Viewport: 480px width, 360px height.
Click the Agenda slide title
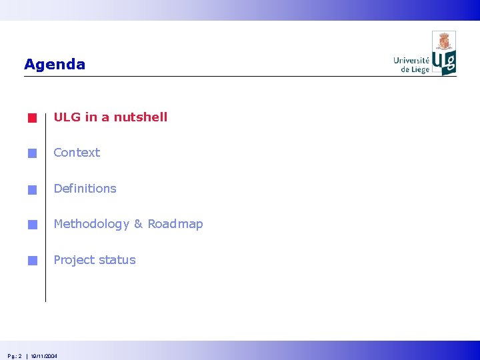55,65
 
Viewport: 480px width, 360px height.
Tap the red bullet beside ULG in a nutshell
32,119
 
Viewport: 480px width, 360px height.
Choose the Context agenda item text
77,153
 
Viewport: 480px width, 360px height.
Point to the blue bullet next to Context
32,154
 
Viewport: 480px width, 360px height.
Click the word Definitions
85,189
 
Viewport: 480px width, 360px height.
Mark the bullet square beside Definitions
32,190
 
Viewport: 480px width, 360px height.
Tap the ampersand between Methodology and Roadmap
139,225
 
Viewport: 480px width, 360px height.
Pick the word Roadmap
175,225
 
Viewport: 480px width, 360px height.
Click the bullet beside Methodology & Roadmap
32,225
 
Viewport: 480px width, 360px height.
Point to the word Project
73,261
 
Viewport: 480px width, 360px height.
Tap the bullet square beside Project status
32,261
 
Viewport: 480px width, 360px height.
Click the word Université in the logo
411,61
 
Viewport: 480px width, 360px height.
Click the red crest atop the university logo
444,41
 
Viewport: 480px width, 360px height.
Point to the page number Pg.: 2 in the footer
15,356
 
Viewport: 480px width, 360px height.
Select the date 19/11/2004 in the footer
44,356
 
